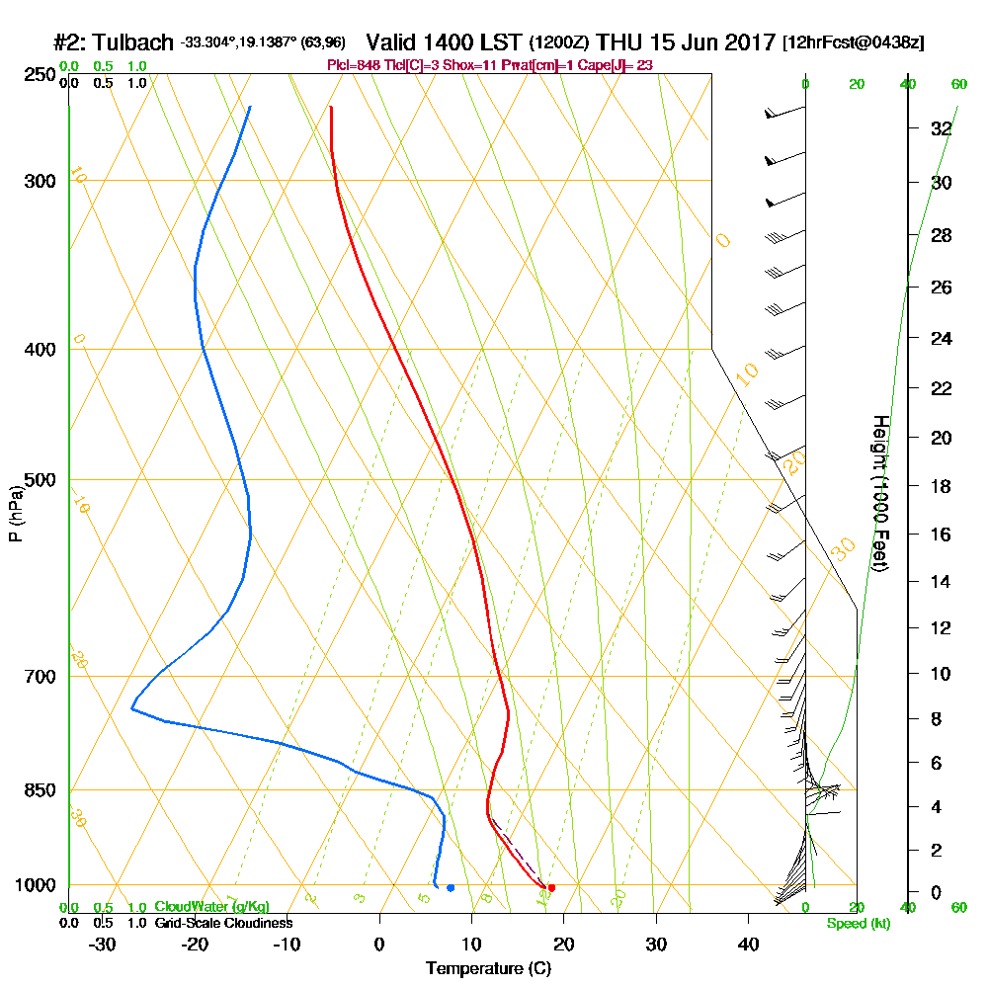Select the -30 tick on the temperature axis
pos(103,944)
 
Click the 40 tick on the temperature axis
pos(748,944)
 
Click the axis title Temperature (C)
pos(488,968)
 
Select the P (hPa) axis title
pos(15,513)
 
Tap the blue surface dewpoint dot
pos(451,887)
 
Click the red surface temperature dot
pos(551,887)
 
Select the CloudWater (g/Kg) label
pos(211,906)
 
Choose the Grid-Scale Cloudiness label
pos(222,923)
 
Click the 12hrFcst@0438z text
pos(853,43)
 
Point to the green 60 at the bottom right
pos(958,907)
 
